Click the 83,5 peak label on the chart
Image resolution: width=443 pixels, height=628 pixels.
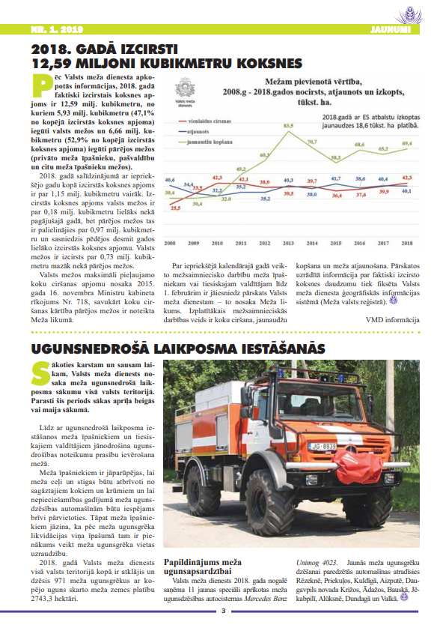288,126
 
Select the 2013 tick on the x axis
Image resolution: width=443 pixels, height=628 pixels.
287,244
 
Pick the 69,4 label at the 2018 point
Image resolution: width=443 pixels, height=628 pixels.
406,143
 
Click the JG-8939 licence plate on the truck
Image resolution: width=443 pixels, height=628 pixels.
323,447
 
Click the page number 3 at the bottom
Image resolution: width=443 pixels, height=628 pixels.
222,611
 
